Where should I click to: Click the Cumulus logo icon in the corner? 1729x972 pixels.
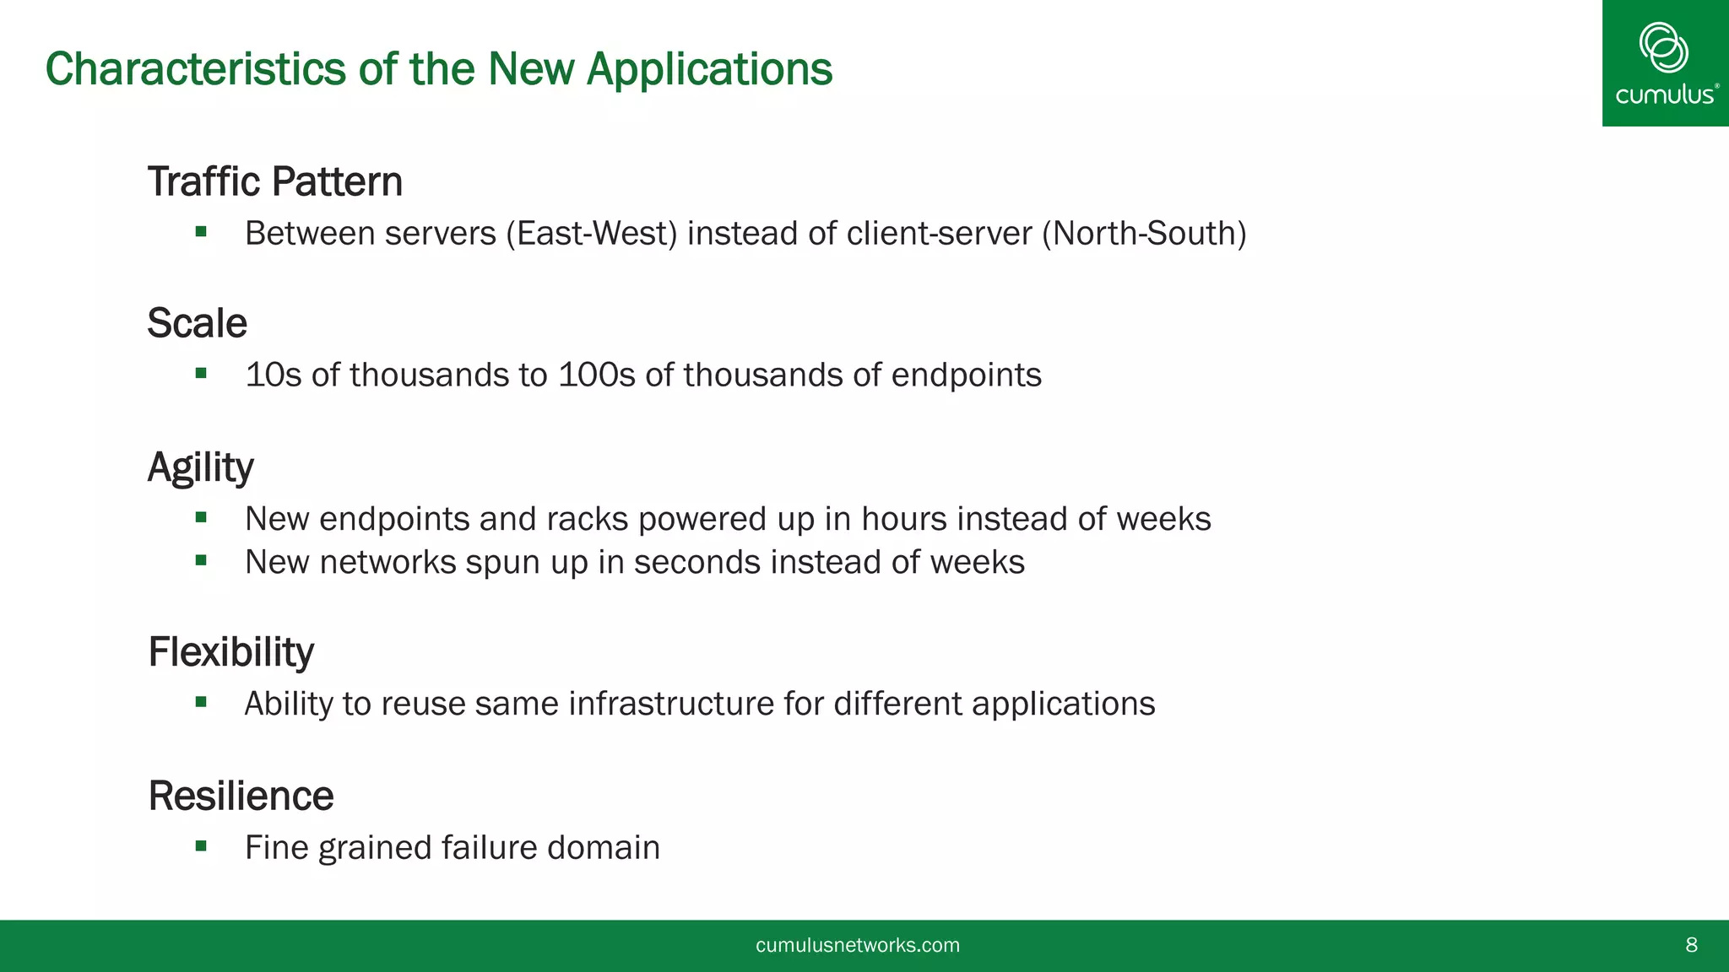coord(1663,47)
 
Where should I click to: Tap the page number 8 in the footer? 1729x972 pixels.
coord(1691,945)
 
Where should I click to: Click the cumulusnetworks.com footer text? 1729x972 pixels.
coord(858,945)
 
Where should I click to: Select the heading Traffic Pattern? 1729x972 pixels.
coord(274,181)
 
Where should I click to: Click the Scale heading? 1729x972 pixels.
coord(197,323)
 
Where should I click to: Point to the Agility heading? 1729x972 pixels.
coord(200,467)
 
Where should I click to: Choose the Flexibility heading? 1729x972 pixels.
coord(230,652)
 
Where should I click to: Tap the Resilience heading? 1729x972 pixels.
coord(241,796)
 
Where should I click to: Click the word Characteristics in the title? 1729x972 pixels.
coord(195,68)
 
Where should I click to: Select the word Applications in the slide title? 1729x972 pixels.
coord(709,68)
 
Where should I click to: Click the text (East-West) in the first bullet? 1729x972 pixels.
coord(591,234)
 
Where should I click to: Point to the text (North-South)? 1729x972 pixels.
coord(1144,234)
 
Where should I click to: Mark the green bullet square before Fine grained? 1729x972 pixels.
coord(201,845)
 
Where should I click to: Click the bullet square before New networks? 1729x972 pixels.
coord(201,560)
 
